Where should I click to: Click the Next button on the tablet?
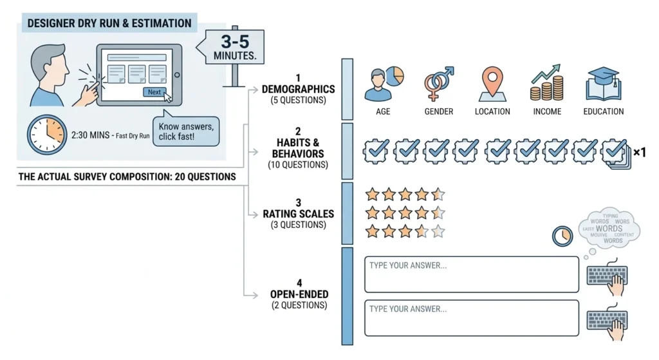(x=154, y=92)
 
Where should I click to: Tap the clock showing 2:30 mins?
(x=46, y=135)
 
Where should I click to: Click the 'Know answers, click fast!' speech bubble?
(x=186, y=131)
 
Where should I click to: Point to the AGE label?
(x=383, y=111)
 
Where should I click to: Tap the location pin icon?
(x=492, y=84)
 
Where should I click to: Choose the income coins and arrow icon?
(x=547, y=84)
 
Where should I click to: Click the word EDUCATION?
(x=603, y=111)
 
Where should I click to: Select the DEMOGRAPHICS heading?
(x=298, y=90)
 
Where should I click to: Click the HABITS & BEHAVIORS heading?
(x=298, y=149)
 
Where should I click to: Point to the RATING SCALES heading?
(x=298, y=214)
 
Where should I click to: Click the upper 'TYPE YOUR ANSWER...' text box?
(x=472, y=274)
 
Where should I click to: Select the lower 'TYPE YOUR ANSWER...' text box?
(x=472, y=317)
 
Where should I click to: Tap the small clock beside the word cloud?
(x=562, y=236)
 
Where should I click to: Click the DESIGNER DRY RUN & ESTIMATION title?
(x=109, y=24)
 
